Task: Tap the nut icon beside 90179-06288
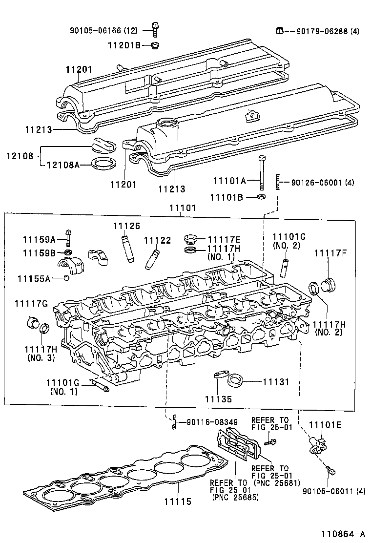(280, 31)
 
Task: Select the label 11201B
(124, 45)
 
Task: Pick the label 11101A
(229, 181)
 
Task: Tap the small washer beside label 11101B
(261, 197)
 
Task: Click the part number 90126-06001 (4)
(322, 183)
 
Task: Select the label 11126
(126, 226)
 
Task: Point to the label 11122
(157, 240)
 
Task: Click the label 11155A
(34, 278)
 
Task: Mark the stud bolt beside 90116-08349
(173, 422)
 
